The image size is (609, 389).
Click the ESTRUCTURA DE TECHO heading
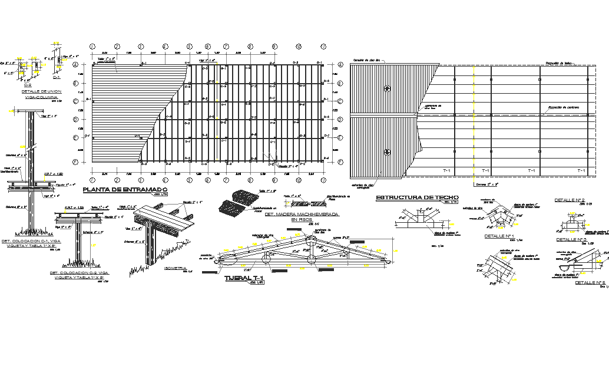pyautogui.click(x=417, y=197)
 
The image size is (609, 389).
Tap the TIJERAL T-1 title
pyautogui.click(x=243, y=278)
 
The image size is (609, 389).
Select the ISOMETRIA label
pyautogui.click(x=176, y=268)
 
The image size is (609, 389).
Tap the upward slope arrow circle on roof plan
pyautogui.click(x=387, y=88)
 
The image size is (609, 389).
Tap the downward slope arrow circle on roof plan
pyautogui.click(x=387, y=151)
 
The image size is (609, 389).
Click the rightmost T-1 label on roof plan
pyautogui.click(x=581, y=170)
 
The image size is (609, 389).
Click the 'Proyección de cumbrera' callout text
pyautogui.click(x=564, y=107)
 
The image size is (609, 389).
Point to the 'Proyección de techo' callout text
pyautogui.click(x=559, y=62)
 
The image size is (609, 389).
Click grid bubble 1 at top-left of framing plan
pyautogui.click(x=92, y=46)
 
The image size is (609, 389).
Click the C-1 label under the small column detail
pyautogui.click(x=57, y=77)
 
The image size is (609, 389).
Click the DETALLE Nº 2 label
pyautogui.click(x=570, y=200)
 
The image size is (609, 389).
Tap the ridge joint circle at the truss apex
pyautogui.click(x=310, y=240)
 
